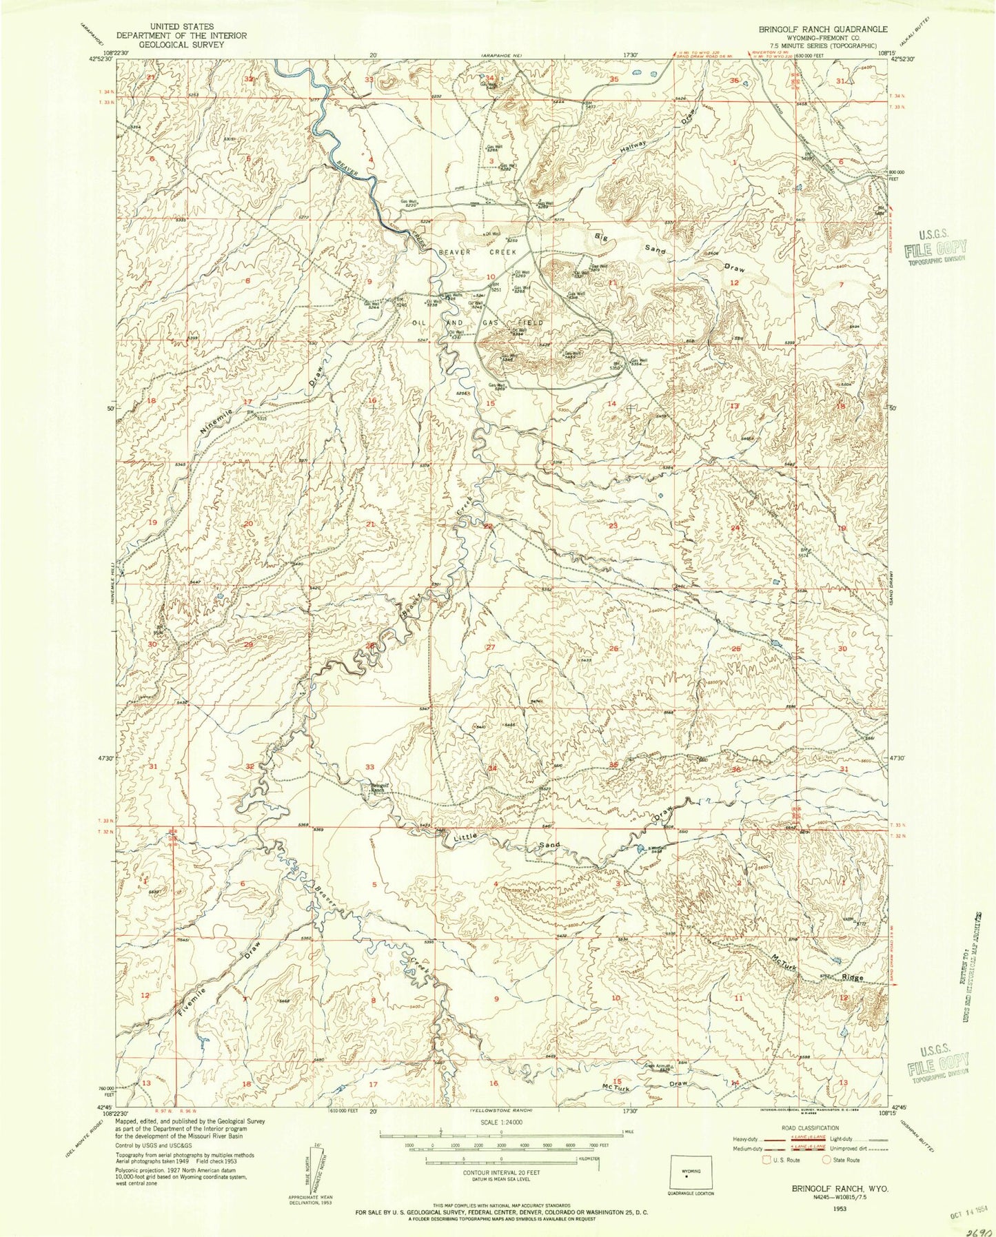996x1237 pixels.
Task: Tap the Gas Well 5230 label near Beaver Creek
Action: click(x=409, y=203)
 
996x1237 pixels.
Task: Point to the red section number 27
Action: click(x=491, y=647)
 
